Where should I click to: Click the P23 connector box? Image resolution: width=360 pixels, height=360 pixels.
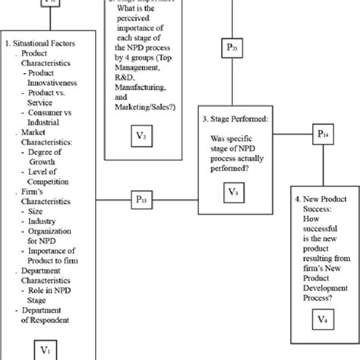[232, 49]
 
